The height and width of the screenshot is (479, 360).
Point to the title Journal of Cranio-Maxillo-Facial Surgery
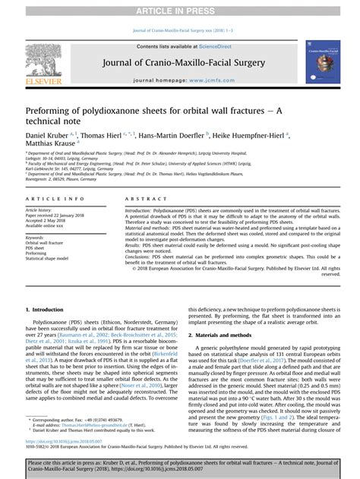click(x=180, y=63)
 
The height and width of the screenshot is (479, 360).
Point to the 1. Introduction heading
click(x=44, y=310)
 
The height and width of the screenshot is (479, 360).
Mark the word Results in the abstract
click(x=134, y=244)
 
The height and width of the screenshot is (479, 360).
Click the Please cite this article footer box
click(x=179, y=465)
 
